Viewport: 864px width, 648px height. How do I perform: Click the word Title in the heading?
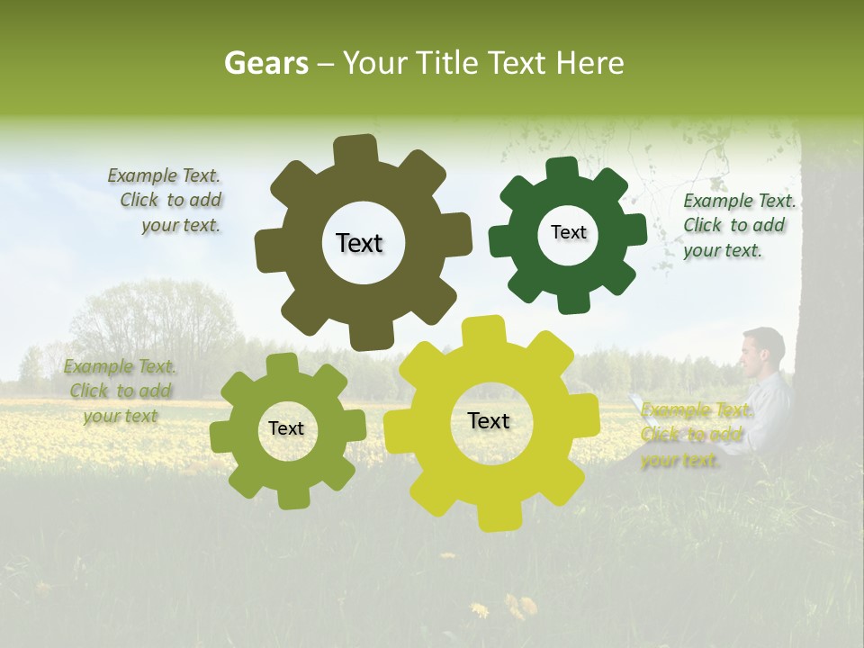click(x=450, y=63)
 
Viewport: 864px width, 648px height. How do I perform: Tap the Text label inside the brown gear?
click(x=359, y=243)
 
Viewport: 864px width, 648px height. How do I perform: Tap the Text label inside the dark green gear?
click(x=568, y=232)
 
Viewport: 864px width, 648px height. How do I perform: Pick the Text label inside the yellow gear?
click(x=489, y=421)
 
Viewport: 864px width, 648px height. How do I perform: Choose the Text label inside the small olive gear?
click(x=286, y=429)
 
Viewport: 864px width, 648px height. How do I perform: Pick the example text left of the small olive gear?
click(x=121, y=391)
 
